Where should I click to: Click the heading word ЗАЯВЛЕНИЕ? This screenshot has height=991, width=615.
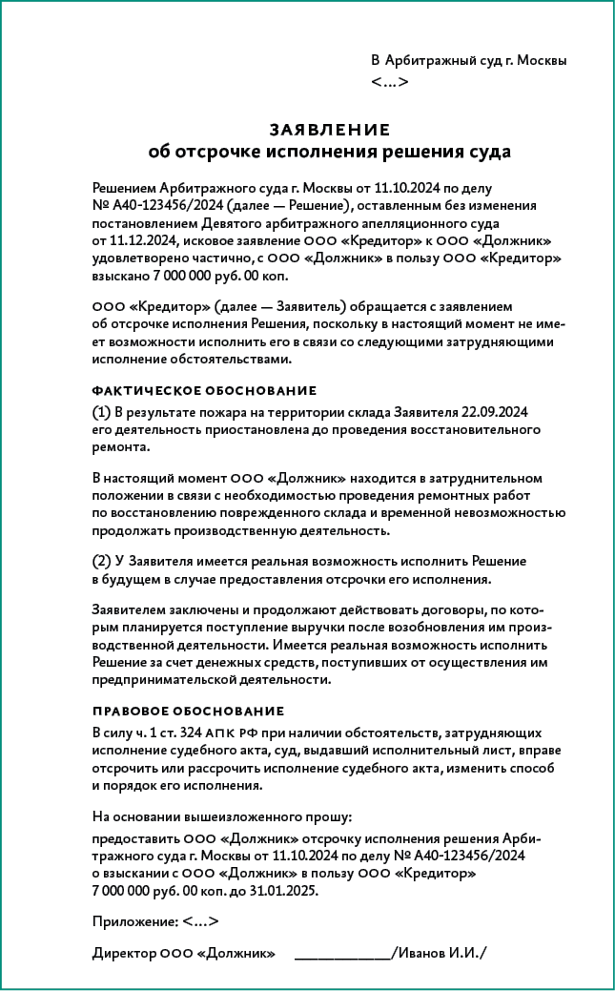click(x=329, y=130)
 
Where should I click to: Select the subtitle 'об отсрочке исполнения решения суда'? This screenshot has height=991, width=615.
click(x=329, y=152)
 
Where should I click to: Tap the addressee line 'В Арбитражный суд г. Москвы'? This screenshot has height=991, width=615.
click(x=468, y=60)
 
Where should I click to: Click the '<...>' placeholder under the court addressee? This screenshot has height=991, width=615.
click(x=389, y=82)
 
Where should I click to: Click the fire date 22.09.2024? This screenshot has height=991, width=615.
click(x=495, y=412)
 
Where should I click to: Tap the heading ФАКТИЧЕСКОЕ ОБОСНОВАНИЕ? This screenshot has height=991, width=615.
click(x=204, y=391)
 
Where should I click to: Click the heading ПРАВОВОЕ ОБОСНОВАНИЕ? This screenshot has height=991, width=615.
click(x=188, y=712)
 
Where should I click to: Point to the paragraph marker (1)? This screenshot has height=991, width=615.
click(x=102, y=412)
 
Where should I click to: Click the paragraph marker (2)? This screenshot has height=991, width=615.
click(x=102, y=562)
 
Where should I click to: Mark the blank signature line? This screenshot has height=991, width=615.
click(x=342, y=953)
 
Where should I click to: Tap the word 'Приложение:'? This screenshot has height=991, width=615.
click(x=134, y=921)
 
